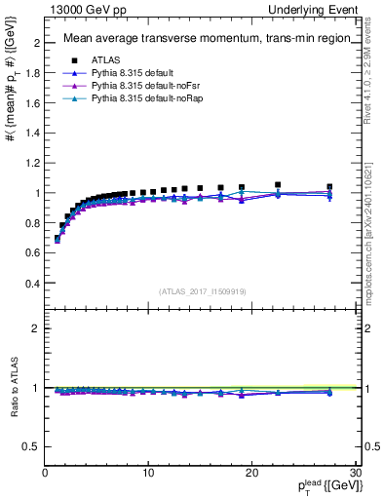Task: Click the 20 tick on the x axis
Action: pyautogui.click(x=250, y=473)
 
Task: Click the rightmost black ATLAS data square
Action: pyautogui.click(x=329, y=186)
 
